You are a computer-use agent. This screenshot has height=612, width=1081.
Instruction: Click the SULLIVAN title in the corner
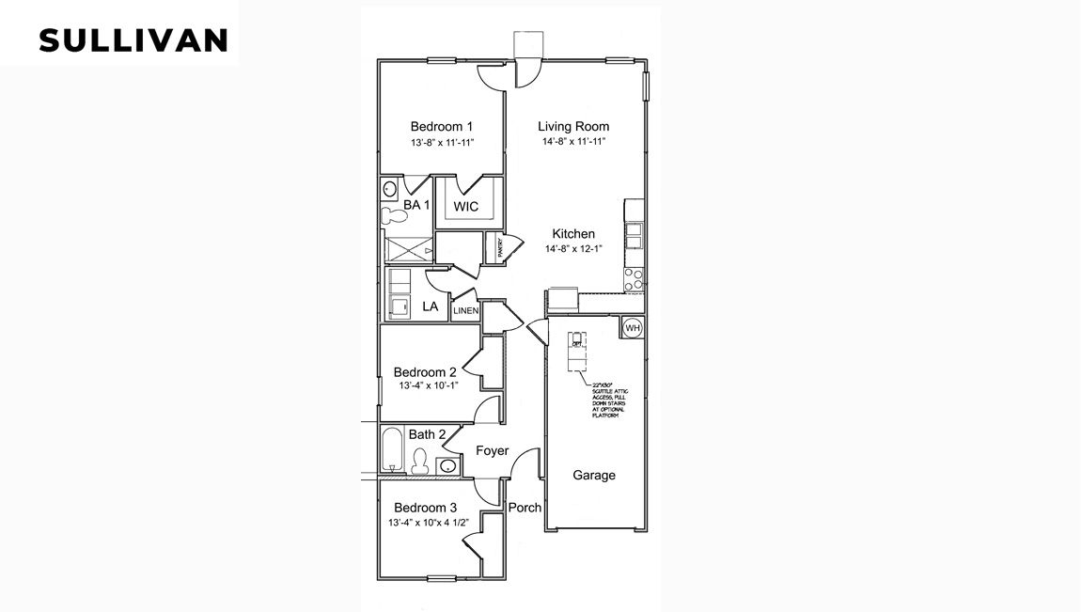tap(133, 40)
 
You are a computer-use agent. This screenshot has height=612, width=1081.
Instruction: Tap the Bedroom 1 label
tap(441, 127)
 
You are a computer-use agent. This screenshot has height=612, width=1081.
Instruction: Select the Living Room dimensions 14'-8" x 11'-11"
tap(573, 142)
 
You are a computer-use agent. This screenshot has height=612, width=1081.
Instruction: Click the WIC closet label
tap(467, 206)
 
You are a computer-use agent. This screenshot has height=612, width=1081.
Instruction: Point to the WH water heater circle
tap(632, 327)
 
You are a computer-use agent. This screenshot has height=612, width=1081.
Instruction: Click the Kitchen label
tap(572, 234)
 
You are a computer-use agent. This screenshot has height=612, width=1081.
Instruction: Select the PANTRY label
tap(501, 247)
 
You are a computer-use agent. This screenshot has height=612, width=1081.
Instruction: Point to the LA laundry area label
tap(431, 306)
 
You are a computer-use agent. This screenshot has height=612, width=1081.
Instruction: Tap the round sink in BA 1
tap(390, 188)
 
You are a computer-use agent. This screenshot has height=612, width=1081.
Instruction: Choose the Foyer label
tap(492, 451)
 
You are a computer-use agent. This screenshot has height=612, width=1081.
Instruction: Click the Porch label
tap(525, 508)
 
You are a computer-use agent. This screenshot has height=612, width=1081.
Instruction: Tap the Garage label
tap(594, 476)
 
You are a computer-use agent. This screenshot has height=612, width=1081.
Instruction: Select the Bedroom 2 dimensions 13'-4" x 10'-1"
tap(425, 385)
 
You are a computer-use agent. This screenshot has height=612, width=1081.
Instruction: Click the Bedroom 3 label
tap(425, 507)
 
